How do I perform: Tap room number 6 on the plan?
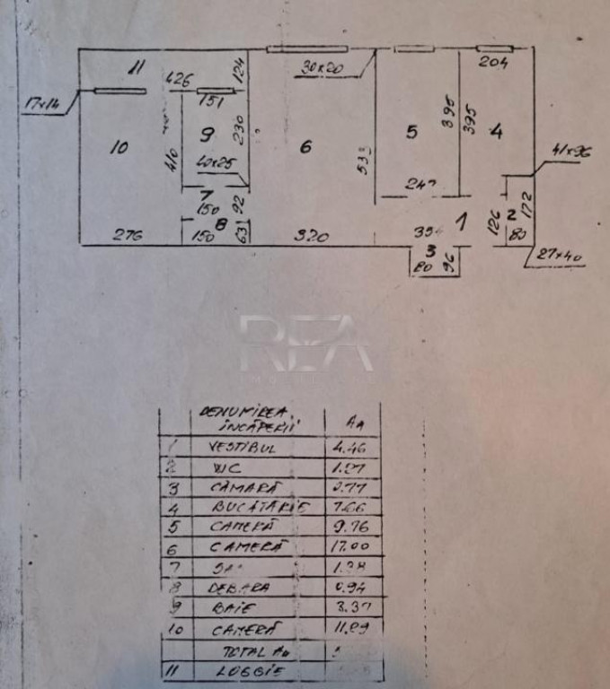coord(305,147)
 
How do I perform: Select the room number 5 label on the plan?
coord(411,133)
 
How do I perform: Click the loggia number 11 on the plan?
coord(136,65)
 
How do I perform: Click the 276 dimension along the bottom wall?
coord(128,236)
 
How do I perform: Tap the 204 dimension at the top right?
coord(493,63)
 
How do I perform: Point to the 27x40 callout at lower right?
coord(560,257)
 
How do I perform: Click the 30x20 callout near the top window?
coord(316,65)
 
